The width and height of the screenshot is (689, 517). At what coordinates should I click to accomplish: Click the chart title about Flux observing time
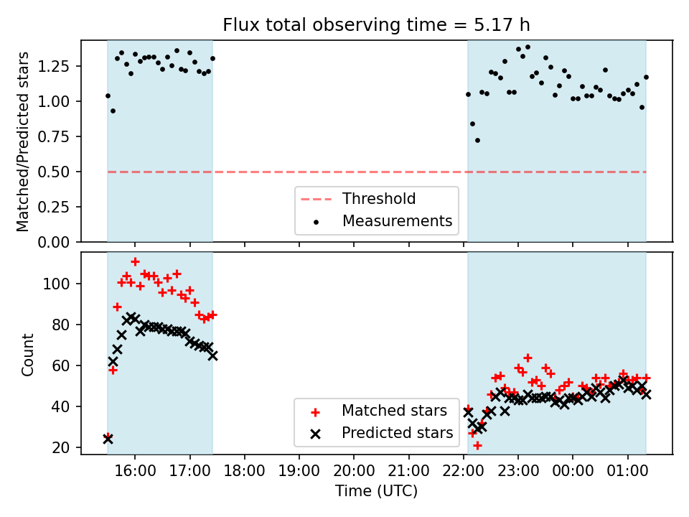click(x=376, y=24)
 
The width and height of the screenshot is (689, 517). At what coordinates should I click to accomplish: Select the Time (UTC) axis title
click(x=376, y=491)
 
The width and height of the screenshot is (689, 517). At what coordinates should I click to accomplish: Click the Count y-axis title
click(x=28, y=354)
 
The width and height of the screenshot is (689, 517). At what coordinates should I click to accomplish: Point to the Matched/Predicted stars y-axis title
click(x=23, y=141)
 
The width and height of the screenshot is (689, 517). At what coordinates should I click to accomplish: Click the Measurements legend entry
click(x=397, y=220)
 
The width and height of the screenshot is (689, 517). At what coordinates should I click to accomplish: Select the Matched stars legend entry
click(x=394, y=411)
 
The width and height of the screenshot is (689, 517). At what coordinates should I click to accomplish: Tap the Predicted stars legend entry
click(x=397, y=433)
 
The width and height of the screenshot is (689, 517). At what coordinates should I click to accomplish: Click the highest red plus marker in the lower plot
click(x=135, y=262)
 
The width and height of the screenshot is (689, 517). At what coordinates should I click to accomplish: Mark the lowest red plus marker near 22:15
click(x=477, y=445)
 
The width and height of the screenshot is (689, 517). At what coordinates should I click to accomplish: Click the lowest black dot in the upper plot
click(x=477, y=140)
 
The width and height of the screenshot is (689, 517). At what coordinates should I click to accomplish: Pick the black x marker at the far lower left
click(x=108, y=439)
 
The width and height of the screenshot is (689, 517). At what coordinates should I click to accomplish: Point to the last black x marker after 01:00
click(x=646, y=394)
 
